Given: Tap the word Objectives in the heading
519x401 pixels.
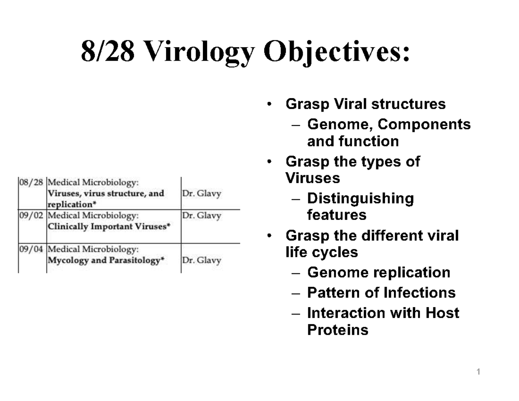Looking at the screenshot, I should pos(335,54).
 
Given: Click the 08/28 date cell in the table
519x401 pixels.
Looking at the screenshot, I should pos(31,182).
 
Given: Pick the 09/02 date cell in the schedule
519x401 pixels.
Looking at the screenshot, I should pos(31,215).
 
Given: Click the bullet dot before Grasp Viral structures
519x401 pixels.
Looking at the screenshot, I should pos(270,105).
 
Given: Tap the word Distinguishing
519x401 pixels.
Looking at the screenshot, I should pos(360,199).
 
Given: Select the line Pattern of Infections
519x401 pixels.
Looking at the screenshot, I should pos(381,293).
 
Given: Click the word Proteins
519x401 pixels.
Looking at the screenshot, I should pos(337,330).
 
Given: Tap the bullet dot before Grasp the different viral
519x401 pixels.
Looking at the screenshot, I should pos(270,236).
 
